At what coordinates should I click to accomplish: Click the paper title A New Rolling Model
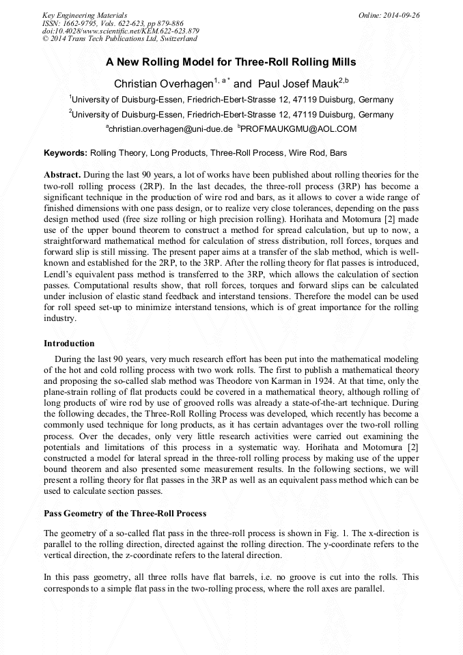(x=231, y=61)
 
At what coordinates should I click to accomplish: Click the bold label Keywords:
(x=66, y=153)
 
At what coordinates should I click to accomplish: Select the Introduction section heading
(x=69, y=343)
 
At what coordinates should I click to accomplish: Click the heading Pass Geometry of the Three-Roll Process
(x=125, y=513)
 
